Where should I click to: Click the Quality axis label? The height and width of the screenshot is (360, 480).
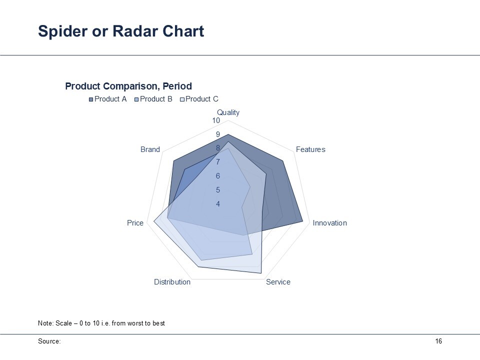[228, 112]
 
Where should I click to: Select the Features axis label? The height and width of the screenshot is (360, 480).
[310, 149]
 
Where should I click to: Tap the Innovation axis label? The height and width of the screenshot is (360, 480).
[329, 223]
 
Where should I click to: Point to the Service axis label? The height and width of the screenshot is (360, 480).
[278, 282]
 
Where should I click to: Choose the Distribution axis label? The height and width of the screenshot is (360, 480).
[172, 282]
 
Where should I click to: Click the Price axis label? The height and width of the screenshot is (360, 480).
[135, 223]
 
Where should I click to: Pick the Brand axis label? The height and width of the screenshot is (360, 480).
[150, 149]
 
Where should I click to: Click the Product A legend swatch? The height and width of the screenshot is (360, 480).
[91, 99]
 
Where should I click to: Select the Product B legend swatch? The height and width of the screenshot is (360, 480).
[136, 99]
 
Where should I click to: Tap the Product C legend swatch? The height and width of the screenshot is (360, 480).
[182, 99]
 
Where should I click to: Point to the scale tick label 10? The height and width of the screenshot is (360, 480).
[216, 120]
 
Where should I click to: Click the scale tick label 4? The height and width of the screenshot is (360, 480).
[218, 204]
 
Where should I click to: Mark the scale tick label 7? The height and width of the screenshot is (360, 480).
[218, 162]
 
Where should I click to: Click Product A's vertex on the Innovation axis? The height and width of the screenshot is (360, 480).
[303, 221]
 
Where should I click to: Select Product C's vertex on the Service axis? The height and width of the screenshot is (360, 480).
[261, 273]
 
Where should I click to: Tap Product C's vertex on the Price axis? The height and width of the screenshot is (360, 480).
[153, 221]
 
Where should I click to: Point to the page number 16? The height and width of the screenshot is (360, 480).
[438, 341]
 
